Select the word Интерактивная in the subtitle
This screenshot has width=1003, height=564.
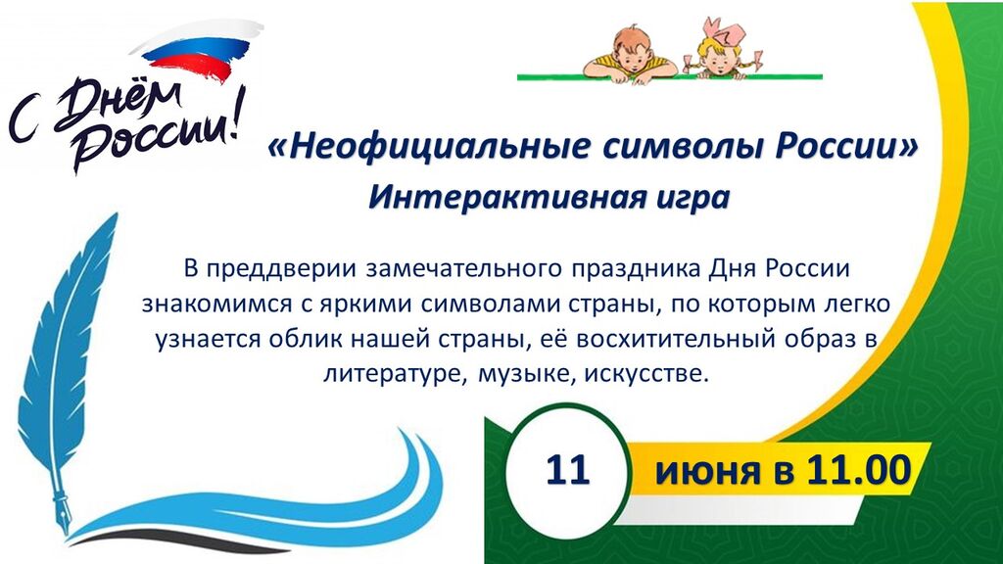501,197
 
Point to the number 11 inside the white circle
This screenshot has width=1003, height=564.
567,471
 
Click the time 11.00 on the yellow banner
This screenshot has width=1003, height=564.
858,471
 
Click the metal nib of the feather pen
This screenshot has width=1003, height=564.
63,509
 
